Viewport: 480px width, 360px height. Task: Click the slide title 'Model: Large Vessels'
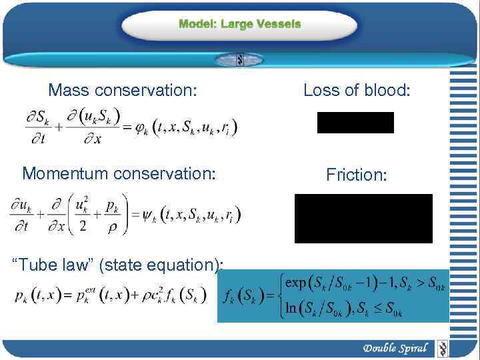(240, 24)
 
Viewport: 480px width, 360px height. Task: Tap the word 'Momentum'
(65, 173)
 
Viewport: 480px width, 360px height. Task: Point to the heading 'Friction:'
(357, 175)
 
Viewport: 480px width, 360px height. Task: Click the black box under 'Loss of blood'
(355, 123)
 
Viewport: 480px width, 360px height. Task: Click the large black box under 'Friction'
(363, 219)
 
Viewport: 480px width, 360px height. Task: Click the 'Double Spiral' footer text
(395, 348)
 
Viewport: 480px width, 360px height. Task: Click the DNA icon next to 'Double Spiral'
(441, 348)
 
